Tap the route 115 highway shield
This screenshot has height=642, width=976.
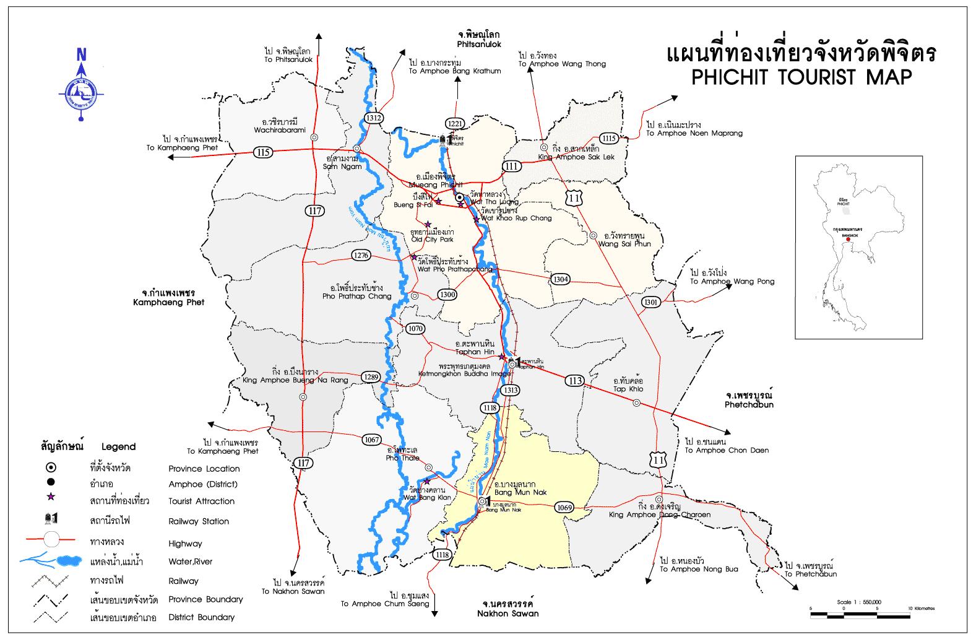[264, 152]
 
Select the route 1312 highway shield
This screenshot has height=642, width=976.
[374, 118]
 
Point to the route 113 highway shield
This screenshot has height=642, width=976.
[574, 381]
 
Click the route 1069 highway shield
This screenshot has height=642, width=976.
[564, 508]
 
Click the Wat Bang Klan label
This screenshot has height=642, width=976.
[423, 497]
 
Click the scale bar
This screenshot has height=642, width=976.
[860, 614]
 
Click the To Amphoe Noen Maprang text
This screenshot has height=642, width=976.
[693, 133]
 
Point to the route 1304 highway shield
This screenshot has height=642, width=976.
[560, 279]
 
